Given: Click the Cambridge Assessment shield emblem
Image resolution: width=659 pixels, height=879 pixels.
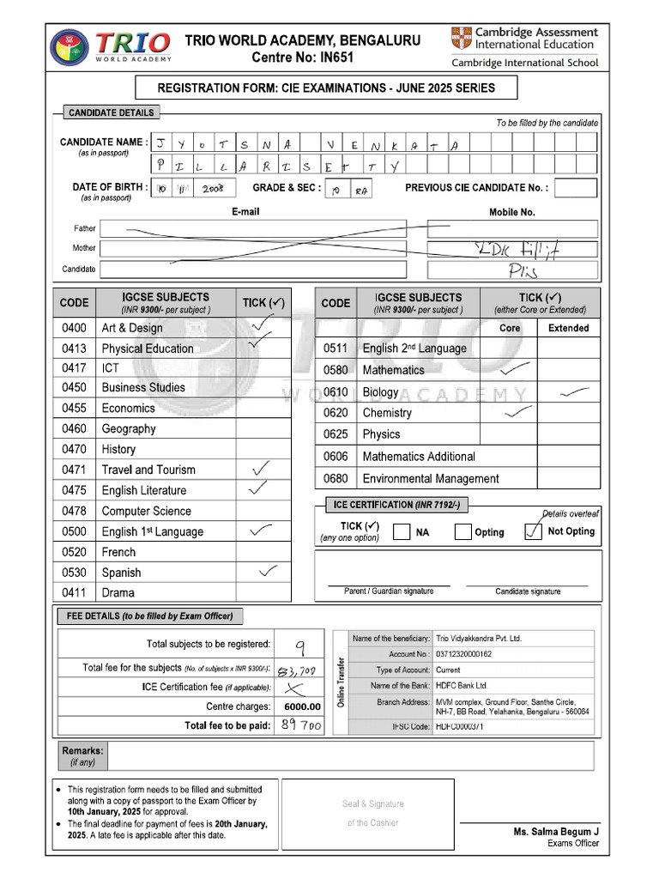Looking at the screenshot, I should [x=461, y=39].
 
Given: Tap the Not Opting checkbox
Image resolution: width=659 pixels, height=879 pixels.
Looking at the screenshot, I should [x=533, y=532].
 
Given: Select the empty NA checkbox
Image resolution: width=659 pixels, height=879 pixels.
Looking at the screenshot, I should [x=401, y=532].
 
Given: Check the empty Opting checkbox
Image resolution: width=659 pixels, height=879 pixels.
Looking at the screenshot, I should [x=463, y=532].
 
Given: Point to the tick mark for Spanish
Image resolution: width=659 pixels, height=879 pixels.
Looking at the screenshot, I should [x=268, y=571].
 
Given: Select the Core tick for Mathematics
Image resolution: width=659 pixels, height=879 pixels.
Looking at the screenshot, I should [x=514, y=369].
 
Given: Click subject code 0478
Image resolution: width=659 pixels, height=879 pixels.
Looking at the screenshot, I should [x=75, y=511].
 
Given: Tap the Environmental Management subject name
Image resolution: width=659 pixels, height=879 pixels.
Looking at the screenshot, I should [x=430, y=479].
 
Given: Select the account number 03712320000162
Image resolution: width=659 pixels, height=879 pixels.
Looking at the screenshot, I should [x=464, y=654].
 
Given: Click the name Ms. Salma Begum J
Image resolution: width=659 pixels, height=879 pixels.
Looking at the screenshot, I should [x=555, y=832].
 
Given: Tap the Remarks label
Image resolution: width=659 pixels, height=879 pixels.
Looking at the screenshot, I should [x=82, y=750].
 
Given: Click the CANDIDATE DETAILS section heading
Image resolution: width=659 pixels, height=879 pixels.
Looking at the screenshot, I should [x=112, y=112].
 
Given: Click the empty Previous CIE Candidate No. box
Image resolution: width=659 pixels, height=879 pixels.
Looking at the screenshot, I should [x=581, y=188].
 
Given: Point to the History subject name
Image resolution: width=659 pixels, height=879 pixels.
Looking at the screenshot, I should [x=118, y=449].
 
